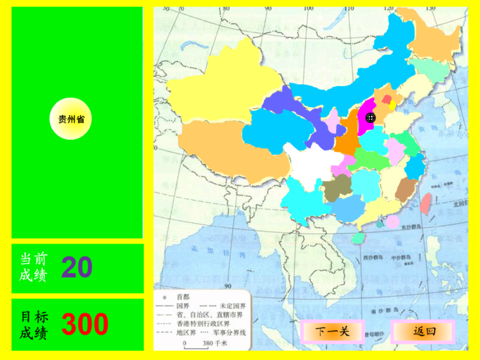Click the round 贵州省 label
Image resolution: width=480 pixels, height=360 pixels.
point(71,119)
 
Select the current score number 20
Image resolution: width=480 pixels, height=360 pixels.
point(77,267)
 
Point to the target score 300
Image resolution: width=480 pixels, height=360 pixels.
point(85,324)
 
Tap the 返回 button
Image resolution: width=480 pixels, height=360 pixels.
point(424,332)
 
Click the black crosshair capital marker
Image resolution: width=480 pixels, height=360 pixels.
point(370,117)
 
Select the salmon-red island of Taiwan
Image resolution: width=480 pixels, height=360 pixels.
point(425,203)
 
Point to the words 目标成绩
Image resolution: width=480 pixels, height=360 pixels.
point(34,324)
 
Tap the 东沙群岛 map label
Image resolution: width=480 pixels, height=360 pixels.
point(410,227)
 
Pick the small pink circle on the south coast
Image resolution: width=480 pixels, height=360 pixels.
point(392,222)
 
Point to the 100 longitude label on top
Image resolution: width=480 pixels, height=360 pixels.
point(309,8)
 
